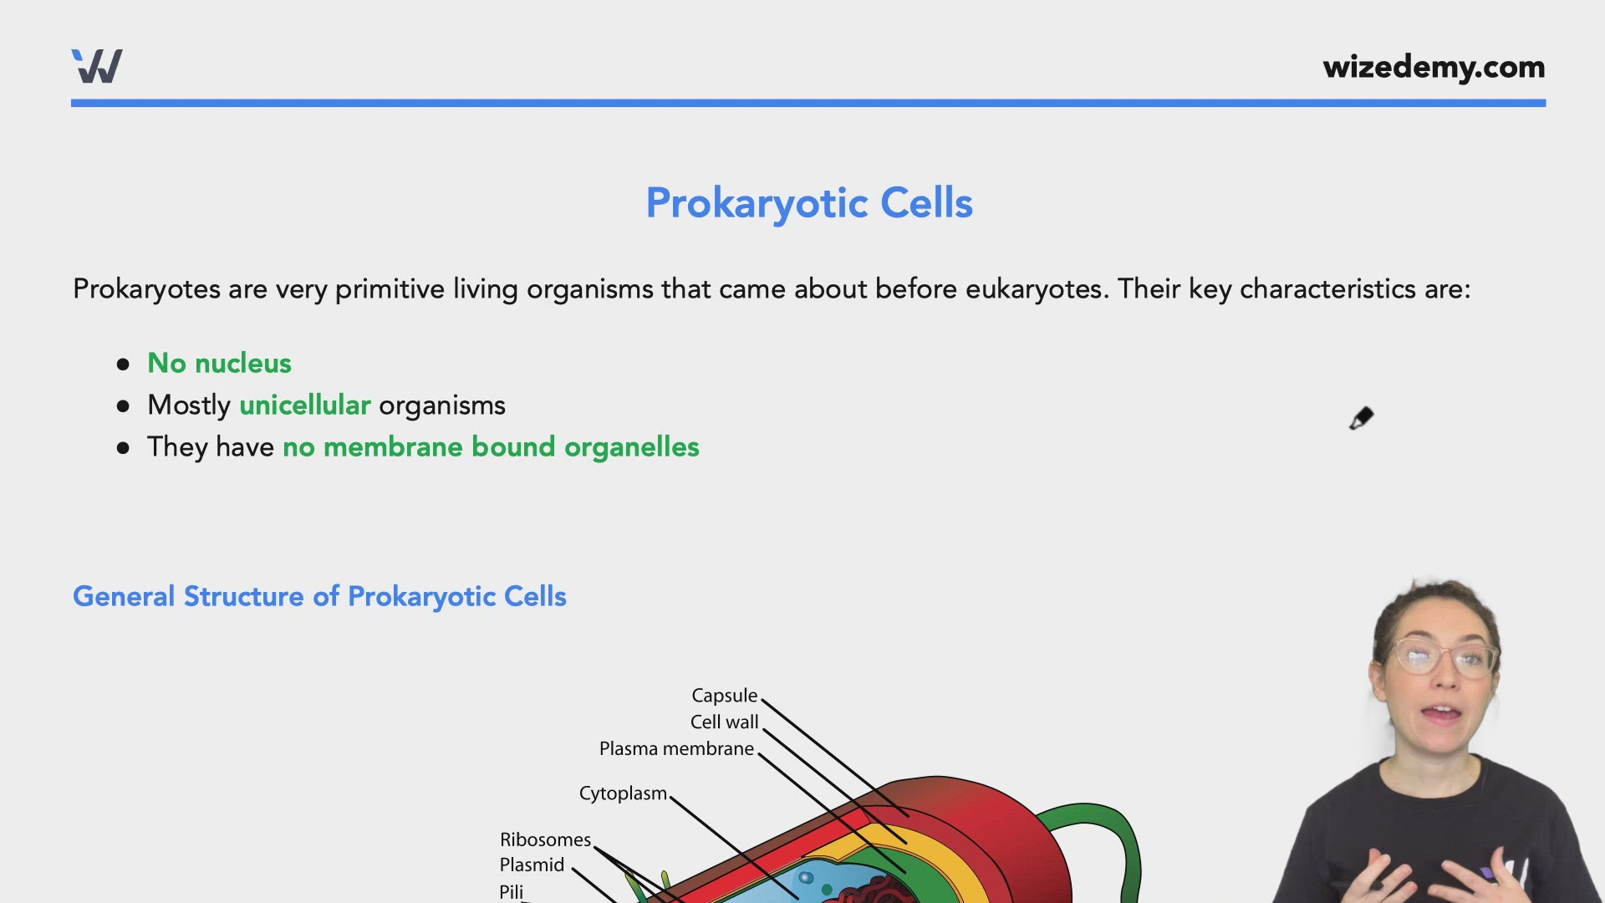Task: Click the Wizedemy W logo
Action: (97, 66)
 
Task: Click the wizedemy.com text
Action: (1433, 67)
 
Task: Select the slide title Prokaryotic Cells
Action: (808, 203)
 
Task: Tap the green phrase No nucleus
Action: (219, 363)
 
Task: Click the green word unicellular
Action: (304, 405)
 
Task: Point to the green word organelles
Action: (631, 446)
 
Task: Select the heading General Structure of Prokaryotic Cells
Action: (319, 596)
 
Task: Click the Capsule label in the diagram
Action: (724, 696)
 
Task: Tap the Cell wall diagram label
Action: (724, 722)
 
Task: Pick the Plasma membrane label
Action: (676, 748)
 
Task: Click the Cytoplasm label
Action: (623, 793)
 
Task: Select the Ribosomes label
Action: (545, 839)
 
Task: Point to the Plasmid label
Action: (532, 865)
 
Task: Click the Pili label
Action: (511, 891)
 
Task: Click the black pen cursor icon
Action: (1361, 418)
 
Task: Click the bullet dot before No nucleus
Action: (124, 364)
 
